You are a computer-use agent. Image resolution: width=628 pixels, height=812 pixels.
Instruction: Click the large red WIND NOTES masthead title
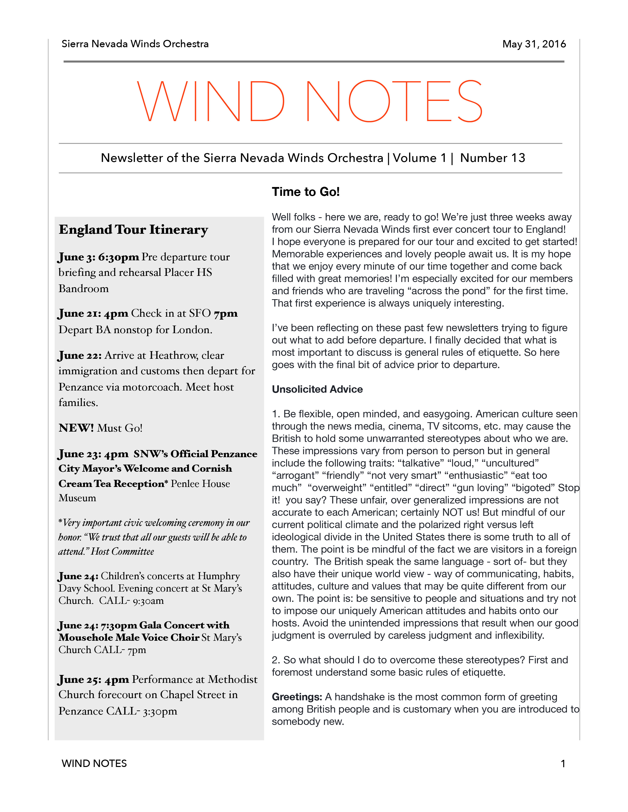(310, 101)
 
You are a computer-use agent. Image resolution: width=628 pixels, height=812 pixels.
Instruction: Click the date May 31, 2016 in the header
(534, 44)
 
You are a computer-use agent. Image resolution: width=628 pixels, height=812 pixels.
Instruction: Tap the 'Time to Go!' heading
(305, 192)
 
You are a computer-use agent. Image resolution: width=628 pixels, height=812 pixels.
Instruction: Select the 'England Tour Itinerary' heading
(133, 230)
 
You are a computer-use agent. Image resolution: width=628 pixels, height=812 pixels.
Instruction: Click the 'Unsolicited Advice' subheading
(317, 389)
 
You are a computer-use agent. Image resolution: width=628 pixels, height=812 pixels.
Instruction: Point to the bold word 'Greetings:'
(297, 697)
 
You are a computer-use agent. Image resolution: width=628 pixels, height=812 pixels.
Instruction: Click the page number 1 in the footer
(563, 764)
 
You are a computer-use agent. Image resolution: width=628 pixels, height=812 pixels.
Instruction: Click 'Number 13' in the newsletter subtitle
(492, 158)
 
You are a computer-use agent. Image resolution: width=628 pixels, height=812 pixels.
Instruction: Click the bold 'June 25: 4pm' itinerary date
(93, 680)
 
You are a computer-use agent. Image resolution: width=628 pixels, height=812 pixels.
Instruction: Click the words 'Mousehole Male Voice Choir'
(129, 638)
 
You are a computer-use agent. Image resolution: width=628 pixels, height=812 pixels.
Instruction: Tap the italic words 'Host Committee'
(122, 551)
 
